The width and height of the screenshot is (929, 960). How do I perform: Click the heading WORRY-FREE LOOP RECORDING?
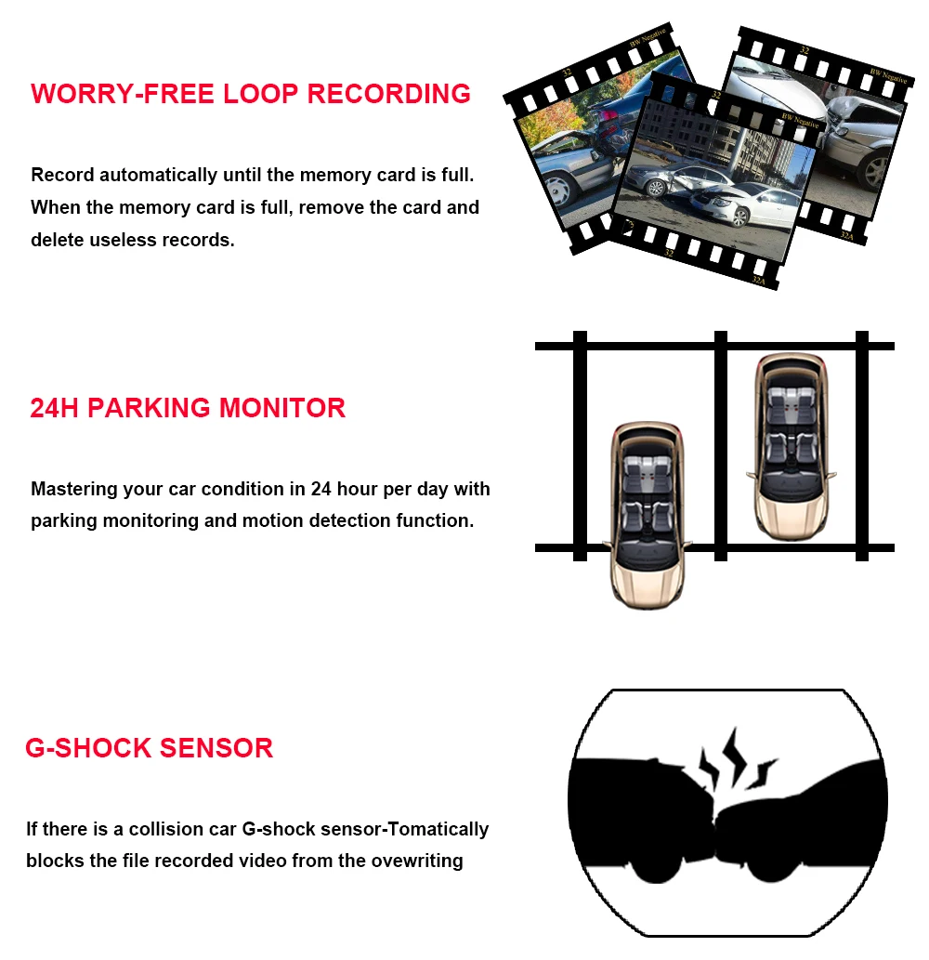[251, 94]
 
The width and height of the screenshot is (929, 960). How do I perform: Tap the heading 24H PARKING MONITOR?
[188, 408]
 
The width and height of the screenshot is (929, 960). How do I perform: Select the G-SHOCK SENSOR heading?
[149, 748]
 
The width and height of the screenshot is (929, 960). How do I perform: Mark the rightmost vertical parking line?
[861, 446]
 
